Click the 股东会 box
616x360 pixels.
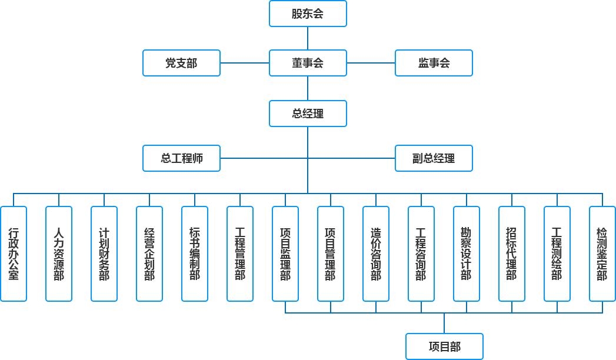coord(308,14)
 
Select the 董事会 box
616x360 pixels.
coord(308,63)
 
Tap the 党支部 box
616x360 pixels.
coord(181,63)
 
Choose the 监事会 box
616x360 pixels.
coord(434,63)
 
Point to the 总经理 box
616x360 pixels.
coord(308,114)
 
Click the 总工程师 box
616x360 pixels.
coord(181,158)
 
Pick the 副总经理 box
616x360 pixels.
coord(434,158)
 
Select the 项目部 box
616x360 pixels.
coord(444,346)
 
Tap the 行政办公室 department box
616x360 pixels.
coord(14,254)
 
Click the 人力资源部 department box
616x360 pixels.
coord(59,254)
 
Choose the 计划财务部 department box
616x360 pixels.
coord(104,254)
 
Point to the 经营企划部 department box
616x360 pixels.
coord(149,254)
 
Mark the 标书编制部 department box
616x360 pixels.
coord(195,254)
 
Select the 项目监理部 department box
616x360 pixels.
coord(285,254)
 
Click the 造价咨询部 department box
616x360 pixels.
coord(376,254)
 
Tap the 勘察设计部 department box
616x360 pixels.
coord(466,254)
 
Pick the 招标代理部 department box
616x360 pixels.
coord(511,254)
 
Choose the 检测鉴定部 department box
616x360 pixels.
coord(602,254)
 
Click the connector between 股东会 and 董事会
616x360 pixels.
coord(308,38)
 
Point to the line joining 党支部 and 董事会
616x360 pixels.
coord(245,63)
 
